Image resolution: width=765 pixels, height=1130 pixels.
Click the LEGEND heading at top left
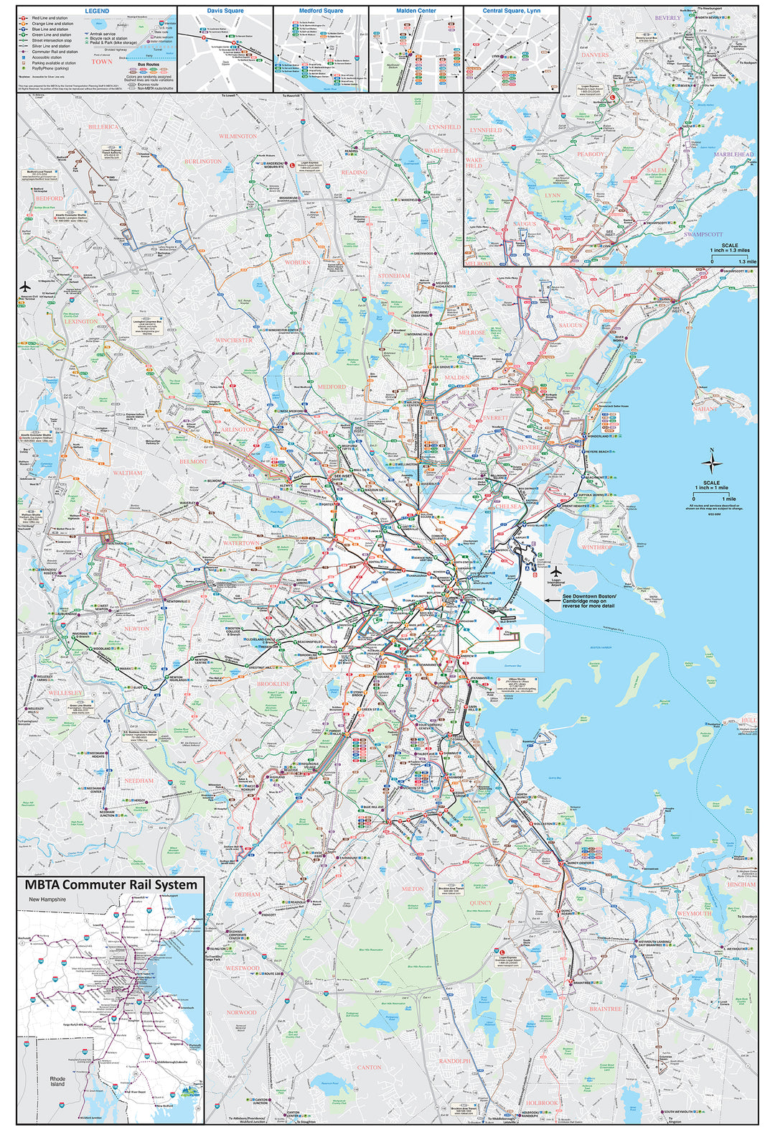(97, 11)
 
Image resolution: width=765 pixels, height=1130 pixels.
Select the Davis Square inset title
(225, 11)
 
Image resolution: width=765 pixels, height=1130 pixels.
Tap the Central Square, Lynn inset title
(511, 11)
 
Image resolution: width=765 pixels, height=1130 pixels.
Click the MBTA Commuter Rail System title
(111, 885)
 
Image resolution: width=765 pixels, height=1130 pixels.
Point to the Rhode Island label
(57, 1081)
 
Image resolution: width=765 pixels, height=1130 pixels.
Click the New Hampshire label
(47, 899)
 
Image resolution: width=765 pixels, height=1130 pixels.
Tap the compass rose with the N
(711, 460)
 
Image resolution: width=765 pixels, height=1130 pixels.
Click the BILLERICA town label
(103, 126)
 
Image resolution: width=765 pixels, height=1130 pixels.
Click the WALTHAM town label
(128, 473)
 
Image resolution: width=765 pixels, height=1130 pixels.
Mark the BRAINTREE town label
(605, 1009)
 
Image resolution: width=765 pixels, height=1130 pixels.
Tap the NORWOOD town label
(241, 1011)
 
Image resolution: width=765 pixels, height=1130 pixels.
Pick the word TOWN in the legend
(101, 62)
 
